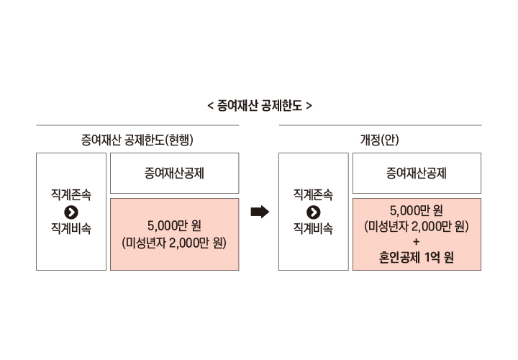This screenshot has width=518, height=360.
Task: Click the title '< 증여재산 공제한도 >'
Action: (x=259, y=105)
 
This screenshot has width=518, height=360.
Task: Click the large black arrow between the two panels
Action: (x=259, y=212)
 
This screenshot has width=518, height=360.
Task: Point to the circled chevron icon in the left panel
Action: (x=71, y=212)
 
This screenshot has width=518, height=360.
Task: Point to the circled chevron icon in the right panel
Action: (x=313, y=212)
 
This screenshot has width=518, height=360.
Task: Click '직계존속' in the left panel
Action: (x=71, y=194)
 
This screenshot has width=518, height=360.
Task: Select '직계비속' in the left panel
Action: (x=71, y=229)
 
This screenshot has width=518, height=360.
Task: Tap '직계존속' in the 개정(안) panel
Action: (x=313, y=194)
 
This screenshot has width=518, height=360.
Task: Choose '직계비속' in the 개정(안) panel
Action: (x=313, y=229)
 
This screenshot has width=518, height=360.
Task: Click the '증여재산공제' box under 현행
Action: (x=174, y=173)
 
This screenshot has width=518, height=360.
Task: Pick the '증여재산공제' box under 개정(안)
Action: (x=417, y=173)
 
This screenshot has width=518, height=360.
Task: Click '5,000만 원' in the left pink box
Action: (x=174, y=225)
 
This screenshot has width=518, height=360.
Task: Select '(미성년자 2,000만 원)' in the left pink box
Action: (x=174, y=243)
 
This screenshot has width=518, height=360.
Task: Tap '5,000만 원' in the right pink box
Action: (x=417, y=210)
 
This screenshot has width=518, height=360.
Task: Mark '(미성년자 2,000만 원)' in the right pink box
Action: (x=417, y=226)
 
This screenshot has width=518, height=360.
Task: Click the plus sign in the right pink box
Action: (x=417, y=242)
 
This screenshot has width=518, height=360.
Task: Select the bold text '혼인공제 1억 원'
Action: (x=417, y=258)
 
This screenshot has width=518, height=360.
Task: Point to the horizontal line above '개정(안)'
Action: (x=380, y=125)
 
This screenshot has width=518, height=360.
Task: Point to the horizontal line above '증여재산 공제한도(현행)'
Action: (x=137, y=125)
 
